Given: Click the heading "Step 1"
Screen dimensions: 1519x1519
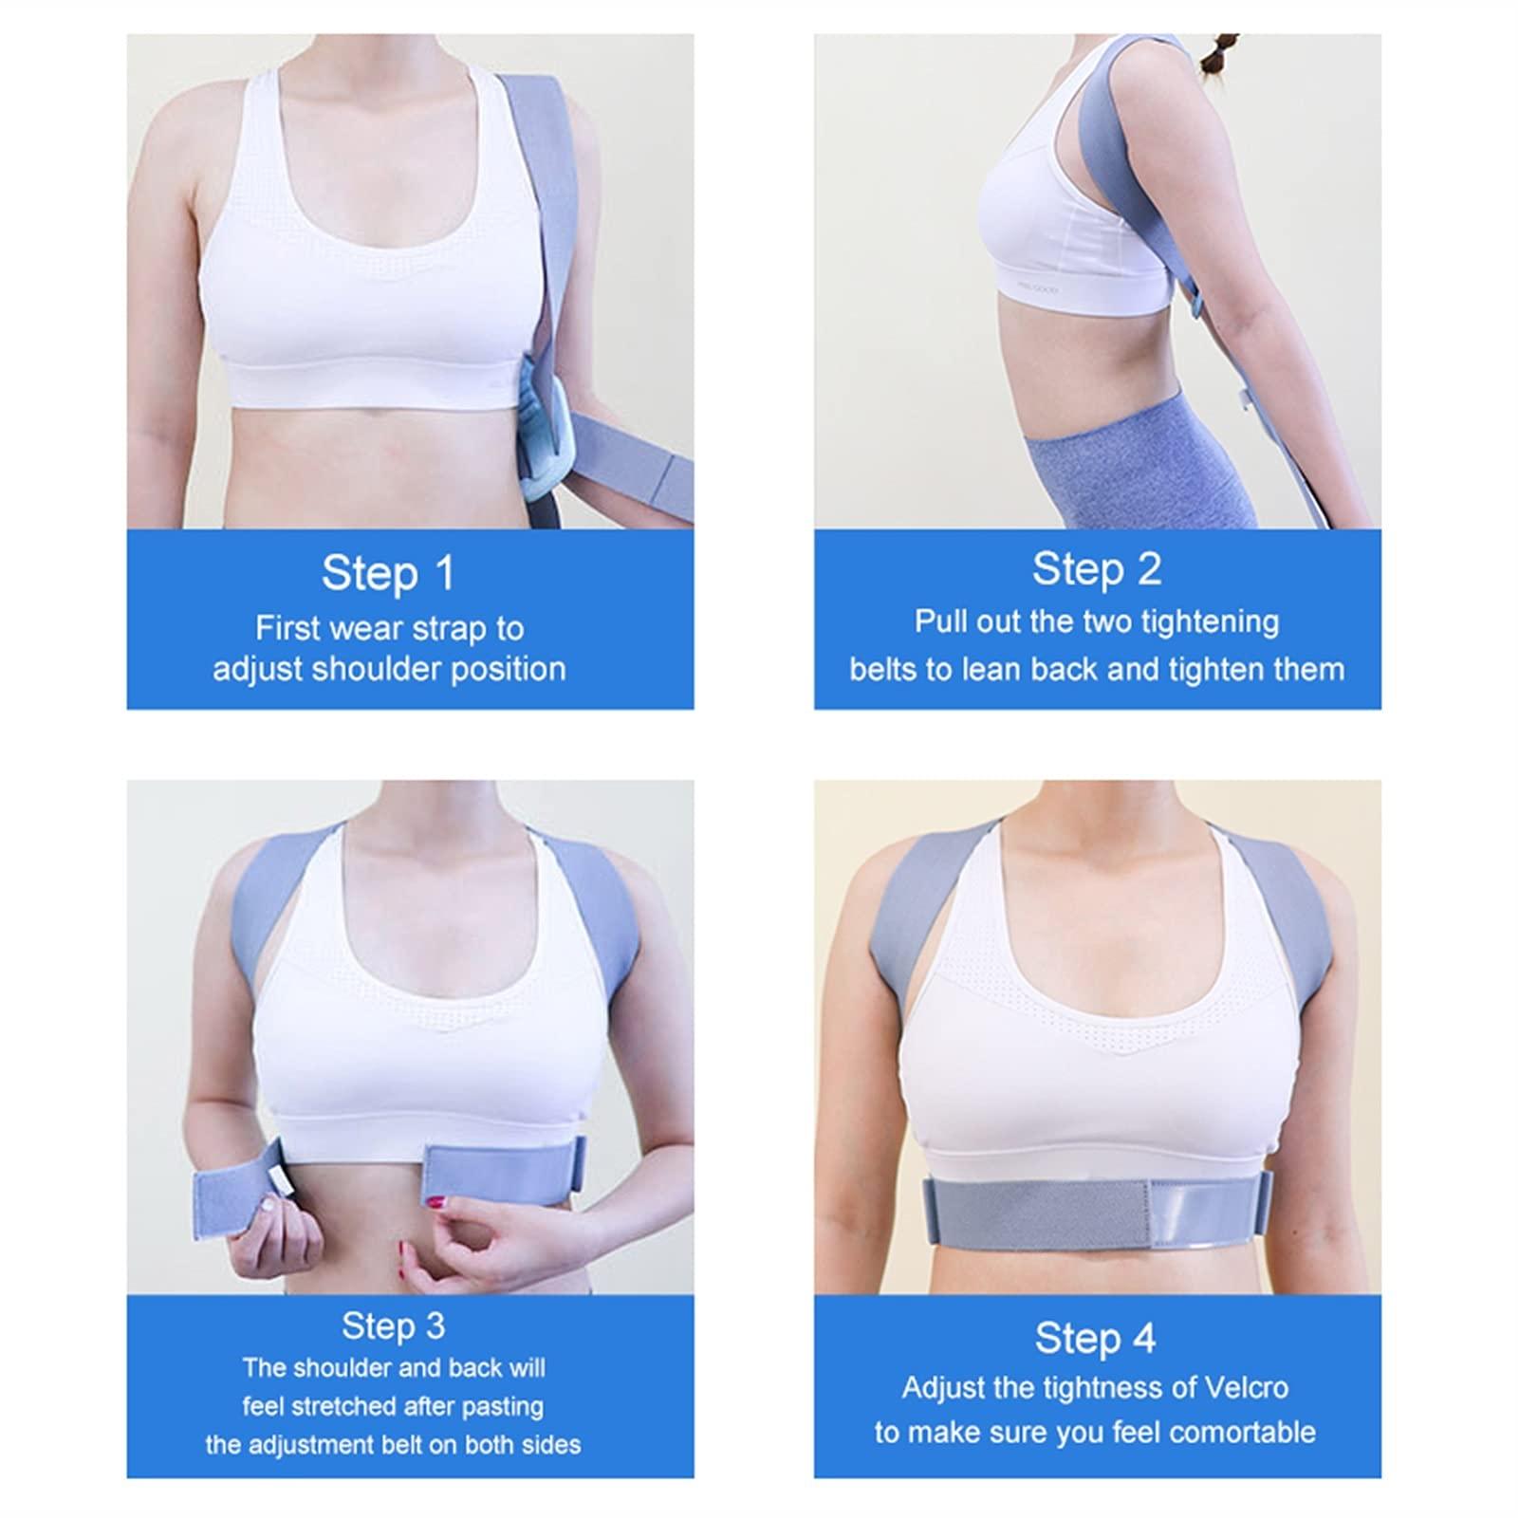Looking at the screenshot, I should [x=388, y=573].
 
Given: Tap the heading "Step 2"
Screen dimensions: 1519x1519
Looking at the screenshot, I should [x=1097, y=569].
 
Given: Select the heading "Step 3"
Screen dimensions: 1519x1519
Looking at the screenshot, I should [x=393, y=1325].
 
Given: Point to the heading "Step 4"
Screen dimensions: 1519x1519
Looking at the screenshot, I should [x=1096, y=1338].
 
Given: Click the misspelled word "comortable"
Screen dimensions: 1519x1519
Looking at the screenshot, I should [x=1246, y=1432].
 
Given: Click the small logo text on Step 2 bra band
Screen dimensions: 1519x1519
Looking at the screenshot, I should [x=1038, y=289].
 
